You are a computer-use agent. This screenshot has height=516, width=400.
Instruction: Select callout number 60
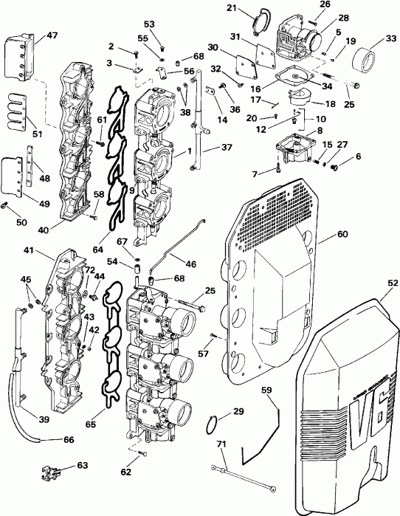point(341,233)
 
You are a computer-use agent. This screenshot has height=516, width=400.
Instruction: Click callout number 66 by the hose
point(69,440)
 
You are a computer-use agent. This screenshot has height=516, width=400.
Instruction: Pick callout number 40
point(44,230)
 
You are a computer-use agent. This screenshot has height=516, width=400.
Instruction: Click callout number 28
point(323,17)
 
